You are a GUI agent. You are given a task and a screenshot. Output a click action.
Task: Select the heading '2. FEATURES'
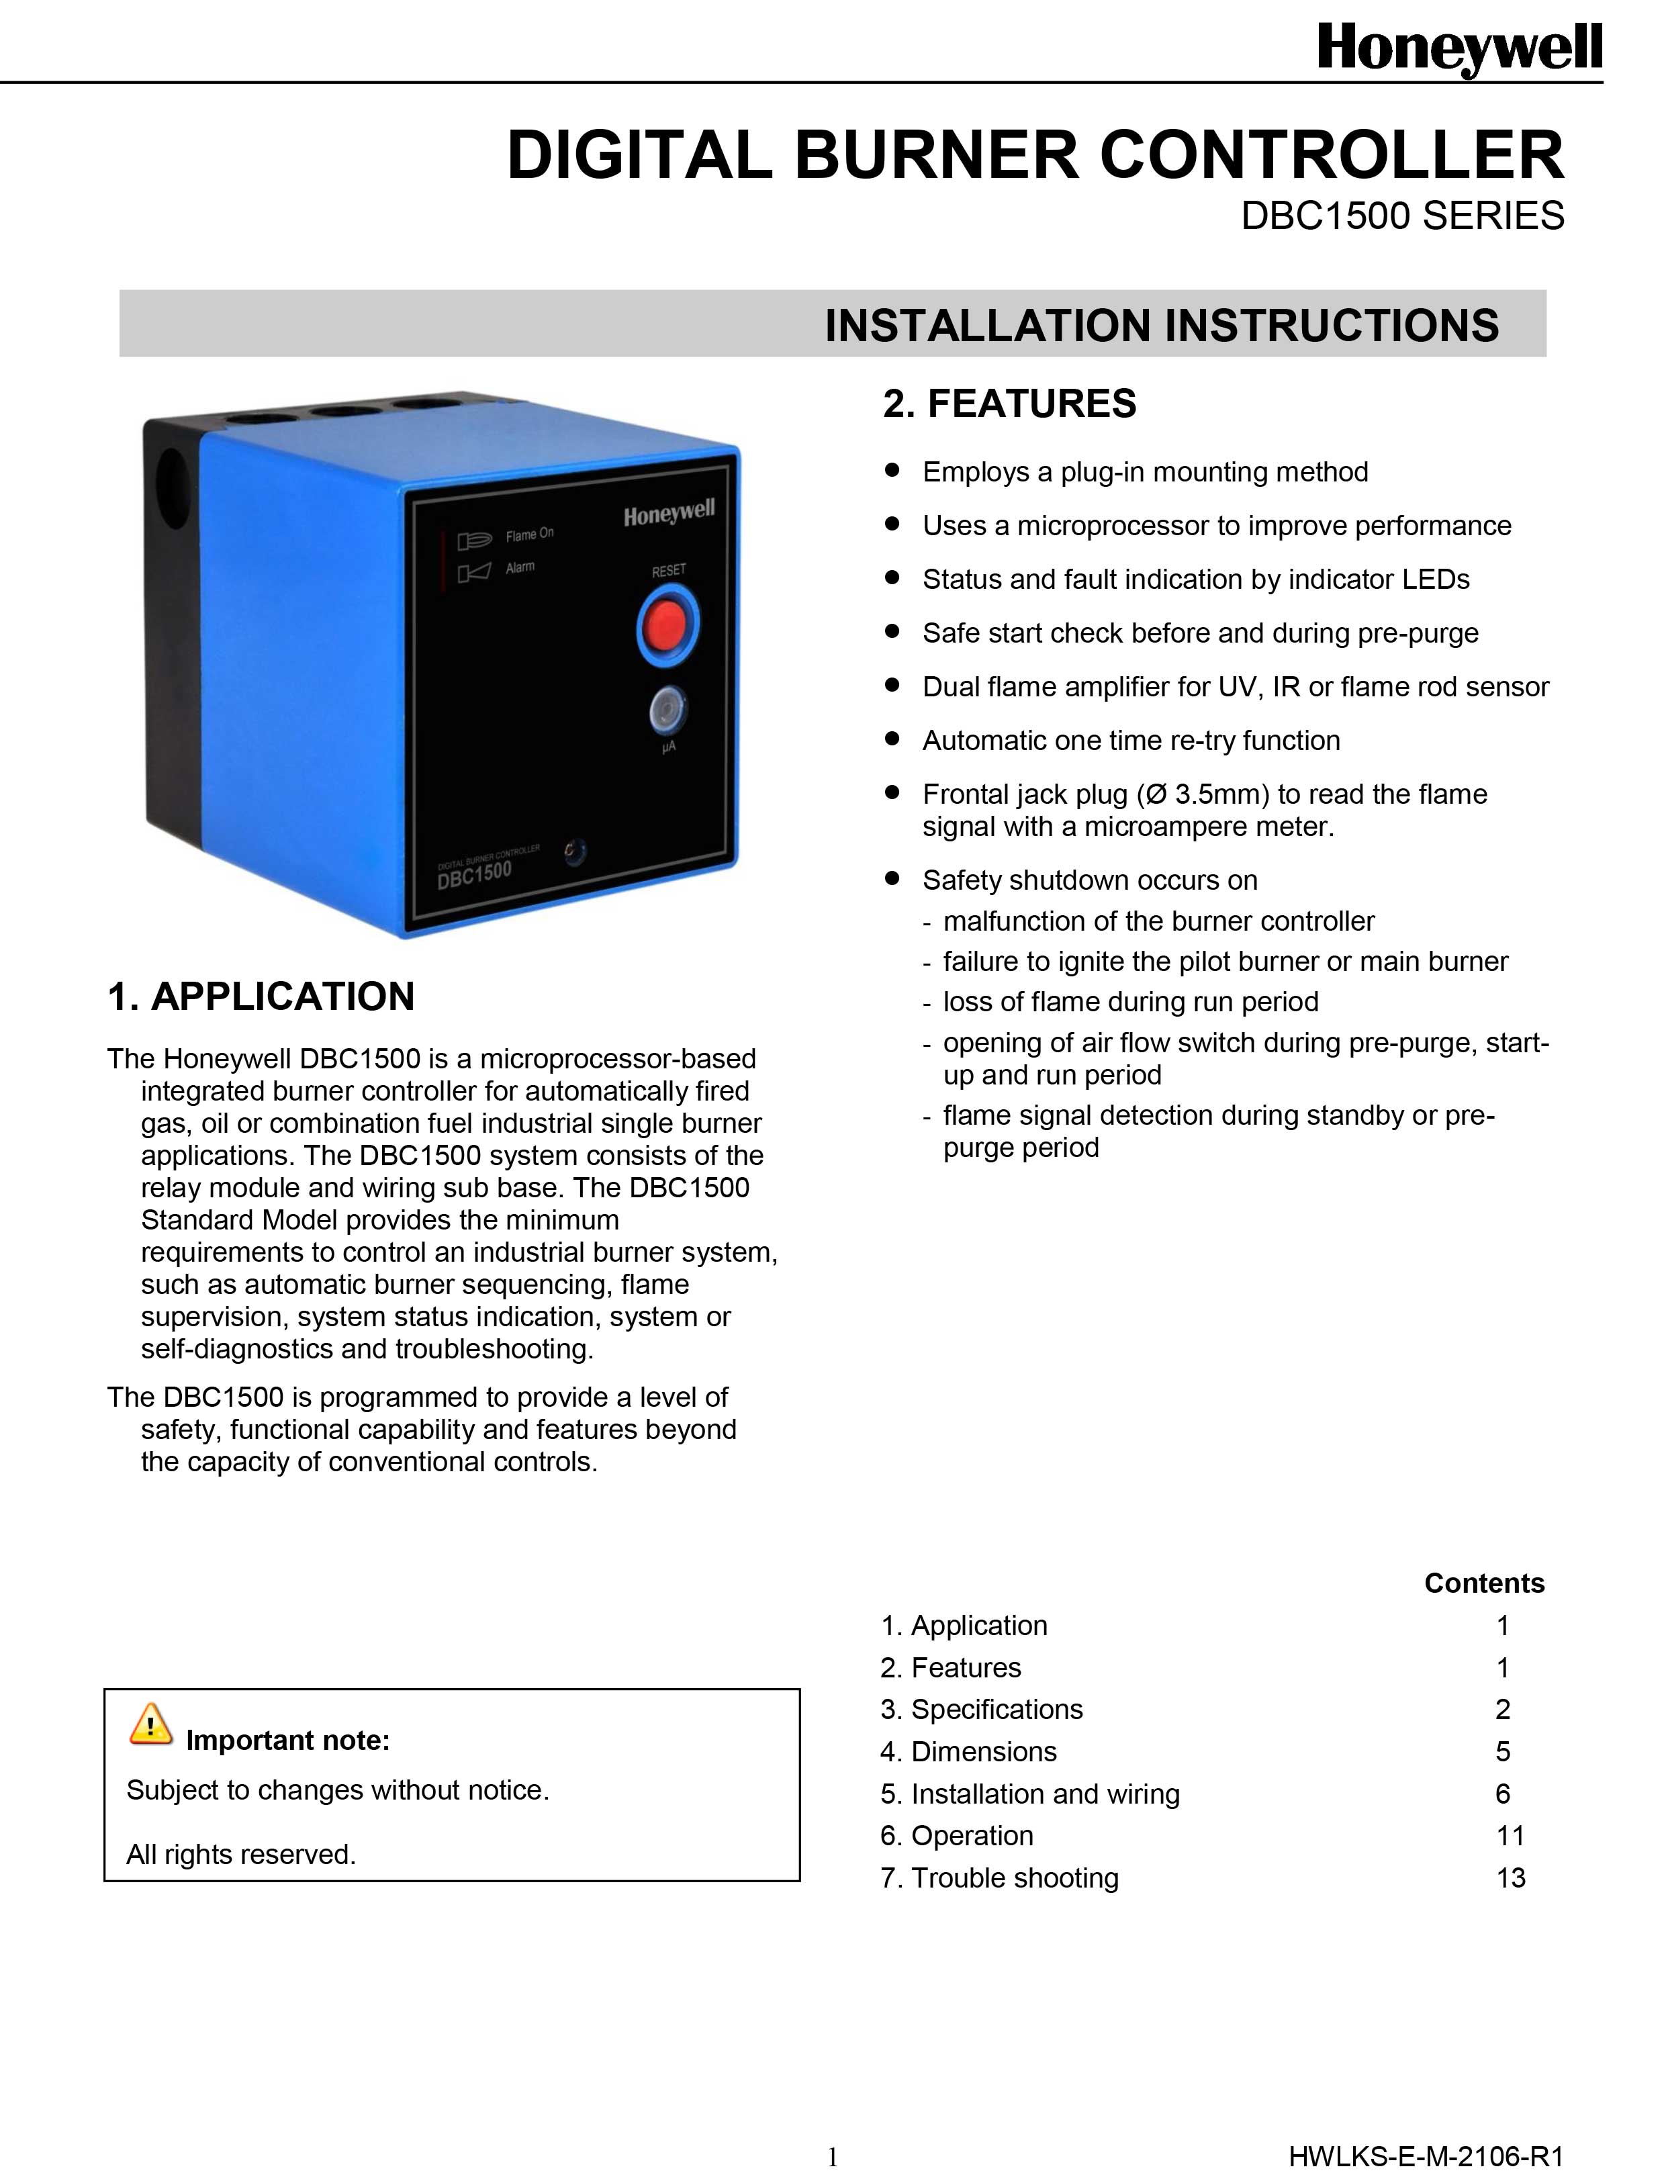click(1009, 404)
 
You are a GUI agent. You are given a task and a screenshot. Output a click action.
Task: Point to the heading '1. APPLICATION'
click(261, 996)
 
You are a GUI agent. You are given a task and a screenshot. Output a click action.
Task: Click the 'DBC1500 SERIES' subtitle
click(1402, 215)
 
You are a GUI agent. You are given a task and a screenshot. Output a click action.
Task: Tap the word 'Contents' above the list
click(1483, 1583)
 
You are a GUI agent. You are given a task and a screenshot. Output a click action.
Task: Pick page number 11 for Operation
click(1510, 1835)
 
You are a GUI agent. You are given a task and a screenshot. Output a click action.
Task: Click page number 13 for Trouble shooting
click(1510, 1877)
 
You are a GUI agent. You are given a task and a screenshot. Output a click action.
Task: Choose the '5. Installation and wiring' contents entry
click(1029, 1794)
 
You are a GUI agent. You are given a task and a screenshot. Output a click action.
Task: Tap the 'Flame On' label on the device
click(530, 535)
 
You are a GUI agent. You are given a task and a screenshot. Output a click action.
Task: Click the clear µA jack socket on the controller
click(668, 710)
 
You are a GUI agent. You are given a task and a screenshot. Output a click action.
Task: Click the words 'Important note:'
click(287, 1740)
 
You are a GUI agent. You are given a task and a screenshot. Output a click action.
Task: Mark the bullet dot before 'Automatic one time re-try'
click(892, 739)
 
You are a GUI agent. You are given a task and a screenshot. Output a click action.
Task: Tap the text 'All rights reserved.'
click(241, 1854)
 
